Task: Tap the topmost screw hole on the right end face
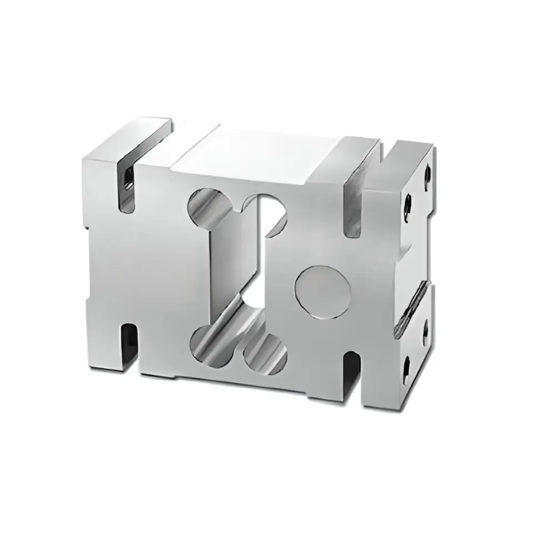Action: [426, 173]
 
